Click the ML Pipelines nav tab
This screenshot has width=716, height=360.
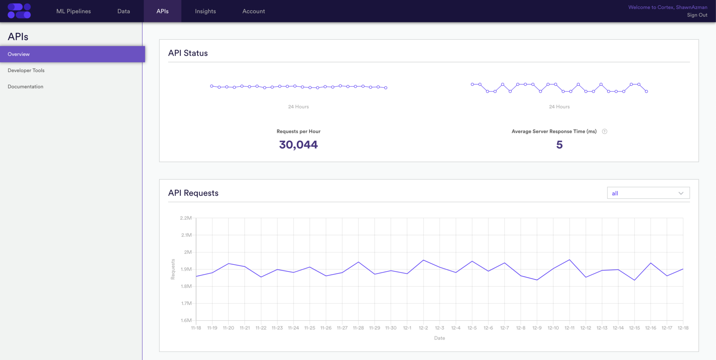tap(73, 11)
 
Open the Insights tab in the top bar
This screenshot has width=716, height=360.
tap(205, 11)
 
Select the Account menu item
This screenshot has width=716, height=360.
tap(253, 11)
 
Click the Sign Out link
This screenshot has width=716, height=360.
tap(697, 15)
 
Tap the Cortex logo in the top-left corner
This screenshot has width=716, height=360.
tap(19, 11)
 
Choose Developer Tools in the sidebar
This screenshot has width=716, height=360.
tap(26, 70)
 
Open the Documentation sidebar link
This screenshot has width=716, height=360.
tap(26, 87)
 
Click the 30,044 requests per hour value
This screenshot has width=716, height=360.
tap(298, 145)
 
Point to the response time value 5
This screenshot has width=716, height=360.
tap(559, 145)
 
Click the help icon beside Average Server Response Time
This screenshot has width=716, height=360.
tap(604, 131)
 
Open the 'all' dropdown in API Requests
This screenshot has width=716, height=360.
tap(648, 193)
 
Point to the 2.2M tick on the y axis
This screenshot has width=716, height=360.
tap(186, 218)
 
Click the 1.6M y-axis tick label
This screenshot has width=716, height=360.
tap(186, 320)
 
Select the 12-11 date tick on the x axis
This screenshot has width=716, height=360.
tap(569, 328)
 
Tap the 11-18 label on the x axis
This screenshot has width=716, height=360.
tap(196, 328)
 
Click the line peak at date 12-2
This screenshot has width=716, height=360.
tap(423, 260)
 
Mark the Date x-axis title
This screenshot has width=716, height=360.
tap(439, 338)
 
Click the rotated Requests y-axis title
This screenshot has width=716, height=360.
tap(173, 269)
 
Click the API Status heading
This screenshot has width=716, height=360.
tap(188, 53)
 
